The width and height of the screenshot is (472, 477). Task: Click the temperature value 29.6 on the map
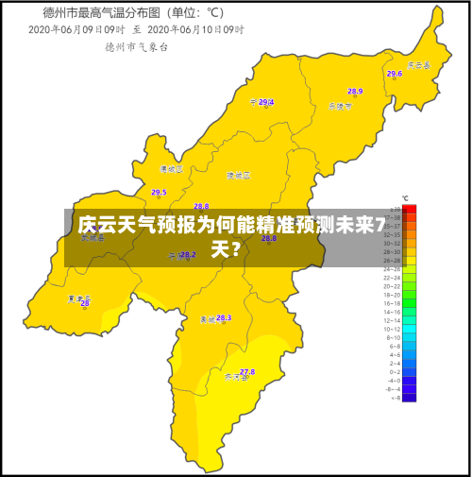click(394, 73)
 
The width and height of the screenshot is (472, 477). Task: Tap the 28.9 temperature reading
click(355, 92)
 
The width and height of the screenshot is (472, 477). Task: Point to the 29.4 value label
click(266, 102)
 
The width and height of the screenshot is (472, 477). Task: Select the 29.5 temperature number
click(159, 192)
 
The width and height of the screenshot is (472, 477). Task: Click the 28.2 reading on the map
click(188, 254)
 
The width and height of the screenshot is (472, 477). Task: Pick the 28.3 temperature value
click(224, 318)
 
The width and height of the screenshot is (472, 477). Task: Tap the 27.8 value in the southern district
click(247, 372)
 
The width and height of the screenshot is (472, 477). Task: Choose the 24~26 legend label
click(392, 269)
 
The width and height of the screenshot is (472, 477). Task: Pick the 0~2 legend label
click(394, 372)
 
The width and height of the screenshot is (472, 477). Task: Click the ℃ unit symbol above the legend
click(405, 198)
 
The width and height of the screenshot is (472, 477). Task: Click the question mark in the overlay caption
click(233, 250)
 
